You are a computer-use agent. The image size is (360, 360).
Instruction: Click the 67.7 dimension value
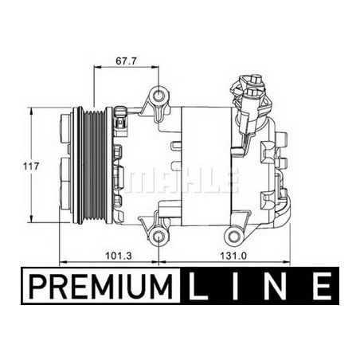click(126, 61)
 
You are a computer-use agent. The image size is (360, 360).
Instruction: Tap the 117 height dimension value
click(31, 166)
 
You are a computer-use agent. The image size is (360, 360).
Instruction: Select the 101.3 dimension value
click(119, 256)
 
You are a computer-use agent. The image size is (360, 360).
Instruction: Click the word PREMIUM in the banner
click(100, 286)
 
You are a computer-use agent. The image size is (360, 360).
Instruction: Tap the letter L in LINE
click(196, 286)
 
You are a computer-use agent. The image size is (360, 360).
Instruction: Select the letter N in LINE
click(276, 286)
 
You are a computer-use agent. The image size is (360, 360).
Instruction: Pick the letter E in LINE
click(322, 286)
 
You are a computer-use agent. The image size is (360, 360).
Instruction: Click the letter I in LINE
click(235, 286)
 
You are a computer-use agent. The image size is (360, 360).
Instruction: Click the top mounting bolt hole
click(158, 96)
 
